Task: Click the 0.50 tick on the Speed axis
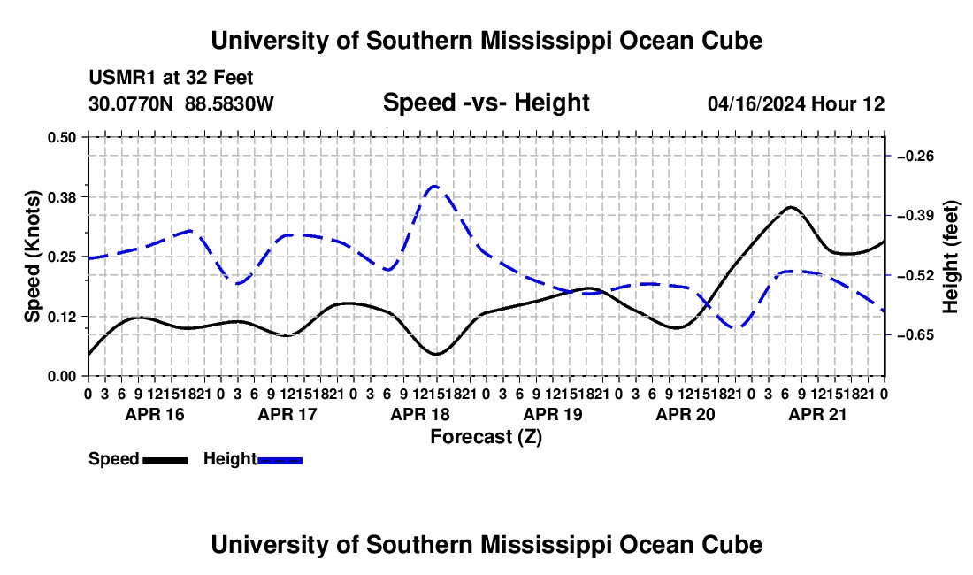61,137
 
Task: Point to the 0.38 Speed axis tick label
61,197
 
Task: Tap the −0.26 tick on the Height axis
916,156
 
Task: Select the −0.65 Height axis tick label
916,335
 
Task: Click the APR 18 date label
420,414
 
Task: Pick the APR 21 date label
818,414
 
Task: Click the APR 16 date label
155,414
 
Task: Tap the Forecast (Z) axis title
486,437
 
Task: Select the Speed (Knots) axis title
32,257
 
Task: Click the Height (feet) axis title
950,257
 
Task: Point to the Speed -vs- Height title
486,103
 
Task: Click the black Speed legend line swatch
165,460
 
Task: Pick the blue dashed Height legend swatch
280,460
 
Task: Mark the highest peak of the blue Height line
435,186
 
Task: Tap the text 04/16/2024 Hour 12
796,103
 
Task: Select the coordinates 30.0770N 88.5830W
181,103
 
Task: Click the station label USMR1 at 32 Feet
171,78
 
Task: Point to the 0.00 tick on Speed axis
61,376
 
